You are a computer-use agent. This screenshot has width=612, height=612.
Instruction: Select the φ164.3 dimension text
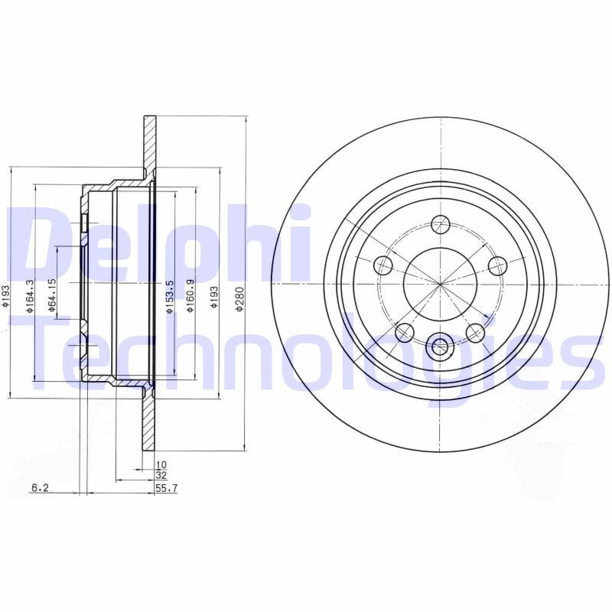pos(30,295)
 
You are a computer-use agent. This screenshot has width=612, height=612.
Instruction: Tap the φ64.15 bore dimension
pos(51,295)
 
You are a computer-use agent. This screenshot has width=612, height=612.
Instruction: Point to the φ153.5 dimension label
pos(170,295)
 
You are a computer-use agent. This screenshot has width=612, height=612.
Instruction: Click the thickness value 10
pos(161,464)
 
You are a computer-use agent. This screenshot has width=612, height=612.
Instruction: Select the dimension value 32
pos(161,475)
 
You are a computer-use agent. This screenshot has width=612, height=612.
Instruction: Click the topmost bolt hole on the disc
pos(441,224)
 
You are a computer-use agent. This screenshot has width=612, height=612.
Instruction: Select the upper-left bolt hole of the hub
pos(382,265)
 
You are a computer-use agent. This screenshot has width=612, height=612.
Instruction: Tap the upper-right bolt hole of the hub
pos(498,265)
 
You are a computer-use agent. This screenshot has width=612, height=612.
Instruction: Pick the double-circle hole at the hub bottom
pos(441,347)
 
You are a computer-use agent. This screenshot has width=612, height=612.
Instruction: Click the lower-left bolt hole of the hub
pos(405,332)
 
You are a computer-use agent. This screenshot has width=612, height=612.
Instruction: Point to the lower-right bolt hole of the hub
pos(476,332)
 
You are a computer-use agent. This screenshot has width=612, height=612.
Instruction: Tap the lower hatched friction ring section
pos(149,425)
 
